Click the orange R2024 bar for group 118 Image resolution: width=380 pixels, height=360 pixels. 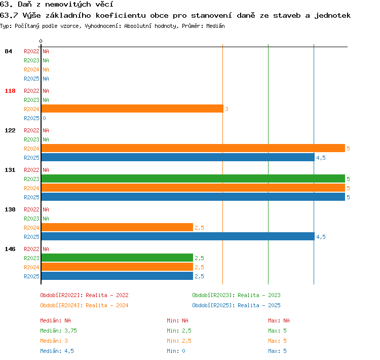click(132, 109)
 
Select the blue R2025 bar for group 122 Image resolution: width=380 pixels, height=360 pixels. click(178, 158)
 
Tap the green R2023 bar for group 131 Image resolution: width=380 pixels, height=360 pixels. click(193, 178)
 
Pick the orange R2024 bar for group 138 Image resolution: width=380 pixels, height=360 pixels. click(117, 227)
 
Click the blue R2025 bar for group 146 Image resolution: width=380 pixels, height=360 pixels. click(117, 276)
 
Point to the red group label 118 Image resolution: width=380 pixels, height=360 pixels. click(10, 91)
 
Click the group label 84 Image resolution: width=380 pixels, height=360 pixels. click(8, 51)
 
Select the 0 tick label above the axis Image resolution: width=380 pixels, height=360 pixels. click(41, 41)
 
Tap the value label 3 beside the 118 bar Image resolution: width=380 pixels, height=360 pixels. click(226, 109)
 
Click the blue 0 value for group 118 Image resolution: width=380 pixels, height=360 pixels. click(45, 118)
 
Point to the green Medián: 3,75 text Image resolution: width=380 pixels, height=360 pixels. click(58, 331)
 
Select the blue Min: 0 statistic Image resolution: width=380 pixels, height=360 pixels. click(176, 351)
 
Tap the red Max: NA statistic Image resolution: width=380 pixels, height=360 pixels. click(279, 320)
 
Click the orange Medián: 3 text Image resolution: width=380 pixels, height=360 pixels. click(54, 341)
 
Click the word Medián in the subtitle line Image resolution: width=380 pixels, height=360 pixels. click(215, 26)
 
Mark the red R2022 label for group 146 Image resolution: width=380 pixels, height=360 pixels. click(31, 249)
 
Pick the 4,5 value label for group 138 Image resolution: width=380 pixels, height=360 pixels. click(321, 237)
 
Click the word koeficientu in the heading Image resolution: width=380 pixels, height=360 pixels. click(121, 16)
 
